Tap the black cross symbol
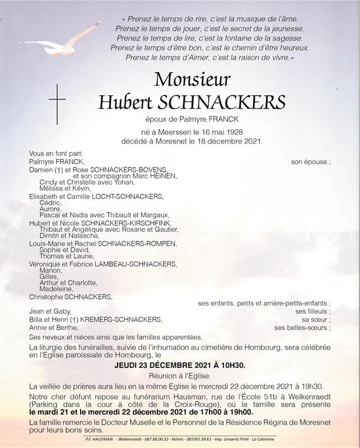pos(57,104)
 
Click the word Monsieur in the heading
pos(191,79)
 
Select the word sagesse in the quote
pos(287,38)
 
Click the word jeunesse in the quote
pos(286,28)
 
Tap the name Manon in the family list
pos(50,270)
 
